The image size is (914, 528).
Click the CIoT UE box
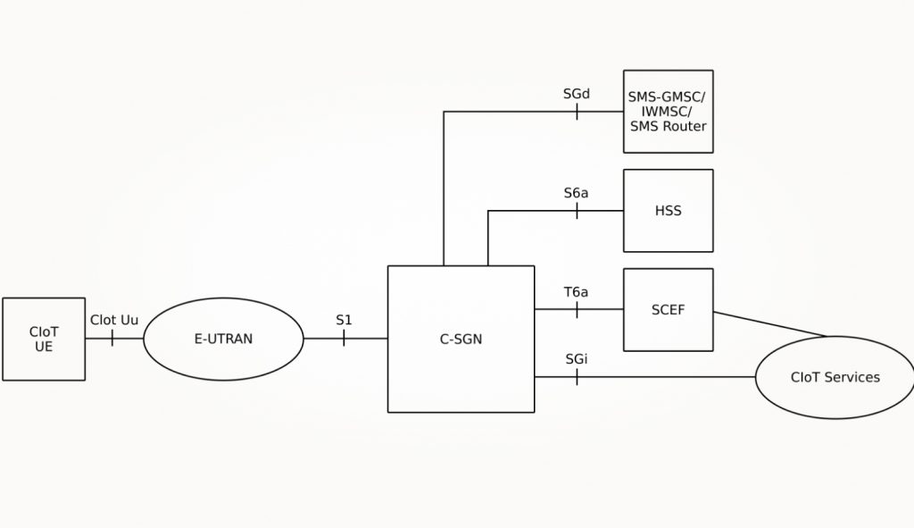(44, 339)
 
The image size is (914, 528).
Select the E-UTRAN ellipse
(223, 339)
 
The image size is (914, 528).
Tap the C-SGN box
(461, 339)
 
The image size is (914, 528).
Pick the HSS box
(668, 211)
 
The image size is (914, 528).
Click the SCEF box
(668, 309)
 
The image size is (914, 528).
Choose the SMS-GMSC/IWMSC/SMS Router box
(668, 112)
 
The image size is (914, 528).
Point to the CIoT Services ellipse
(835, 377)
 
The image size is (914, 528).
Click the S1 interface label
(344, 320)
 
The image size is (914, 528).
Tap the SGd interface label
(577, 93)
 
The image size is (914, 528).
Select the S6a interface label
(577, 192)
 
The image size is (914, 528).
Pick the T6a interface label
(577, 291)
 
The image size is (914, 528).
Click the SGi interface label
(577, 358)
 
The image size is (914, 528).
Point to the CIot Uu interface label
(113, 320)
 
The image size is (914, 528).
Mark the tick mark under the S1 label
(344, 339)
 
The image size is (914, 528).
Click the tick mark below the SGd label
(577, 112)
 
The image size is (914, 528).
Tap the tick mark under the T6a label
(577, 309)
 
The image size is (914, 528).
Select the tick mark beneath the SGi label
(577, 377)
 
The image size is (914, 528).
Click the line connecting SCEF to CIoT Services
(769, 323)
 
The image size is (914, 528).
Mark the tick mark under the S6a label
(577, 211)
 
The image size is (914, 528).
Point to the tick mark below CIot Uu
(112, 339)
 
